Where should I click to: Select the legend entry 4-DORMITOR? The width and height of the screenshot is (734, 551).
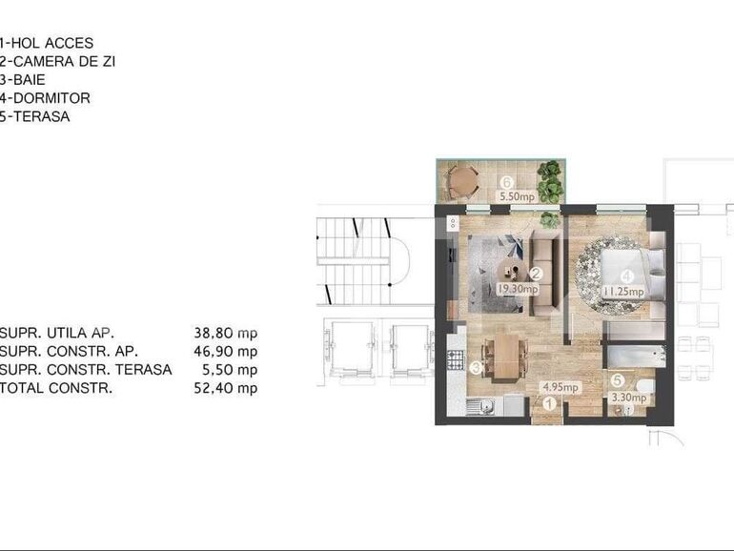click(x=45, y=98)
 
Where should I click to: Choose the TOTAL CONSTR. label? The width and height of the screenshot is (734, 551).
click(x=56, y=388)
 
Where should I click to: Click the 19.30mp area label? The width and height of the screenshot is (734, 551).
click(x=519, y=286)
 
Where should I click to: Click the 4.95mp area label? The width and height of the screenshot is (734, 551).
click(x=561, y=388)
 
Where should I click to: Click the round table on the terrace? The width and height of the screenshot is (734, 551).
click(x=463, y=178)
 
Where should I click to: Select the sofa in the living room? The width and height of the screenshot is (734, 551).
click(x=546, y=276)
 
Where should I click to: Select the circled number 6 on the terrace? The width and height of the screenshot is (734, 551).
click(x=508, y=182)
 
